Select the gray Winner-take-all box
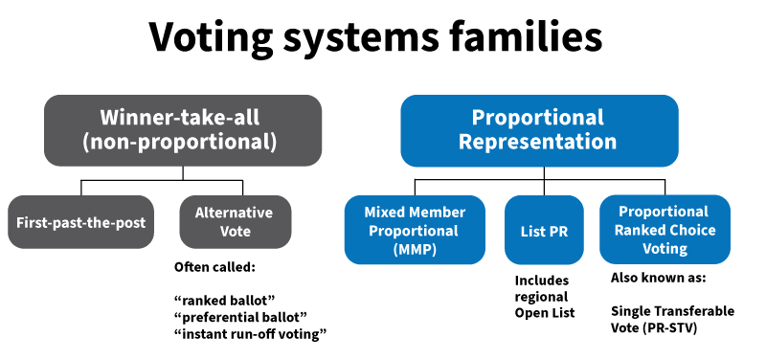coord(181,130)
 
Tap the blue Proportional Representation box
coord(538,130)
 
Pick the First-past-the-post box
coord(81,222)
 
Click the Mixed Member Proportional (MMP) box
coord(416,230)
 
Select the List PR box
coord(544,230)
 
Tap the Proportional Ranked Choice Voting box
coord(664,230)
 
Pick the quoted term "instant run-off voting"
coord(250,333)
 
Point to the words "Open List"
coord(545,313)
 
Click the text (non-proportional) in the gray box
coord(181,144)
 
